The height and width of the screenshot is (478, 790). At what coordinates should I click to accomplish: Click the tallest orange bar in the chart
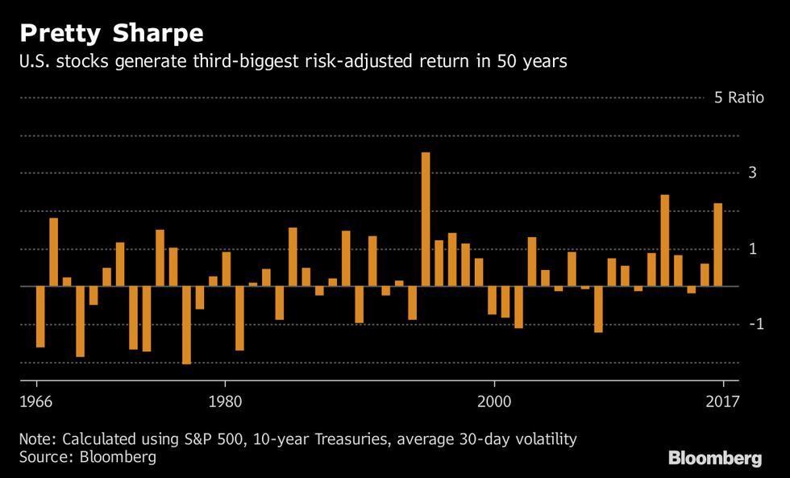click(426, 219)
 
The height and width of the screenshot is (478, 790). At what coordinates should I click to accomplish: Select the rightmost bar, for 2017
click(717, 245)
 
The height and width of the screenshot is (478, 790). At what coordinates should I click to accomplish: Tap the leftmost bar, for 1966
click(40, 317)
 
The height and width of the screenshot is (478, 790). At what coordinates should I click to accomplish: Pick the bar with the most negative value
click(186, 325)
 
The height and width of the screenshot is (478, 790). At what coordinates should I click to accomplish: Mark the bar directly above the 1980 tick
click(227, 269)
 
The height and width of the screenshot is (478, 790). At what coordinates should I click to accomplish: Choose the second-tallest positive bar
click(665, 240)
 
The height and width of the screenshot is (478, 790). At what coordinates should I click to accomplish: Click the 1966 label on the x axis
click(36, 401)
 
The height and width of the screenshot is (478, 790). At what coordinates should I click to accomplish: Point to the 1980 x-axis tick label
click(223, 401)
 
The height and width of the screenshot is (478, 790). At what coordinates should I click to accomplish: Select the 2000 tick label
click(493, 401)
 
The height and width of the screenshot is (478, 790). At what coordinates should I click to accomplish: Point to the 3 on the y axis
click(751, 172)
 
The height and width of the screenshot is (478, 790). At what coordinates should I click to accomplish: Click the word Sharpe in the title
click(158, 34)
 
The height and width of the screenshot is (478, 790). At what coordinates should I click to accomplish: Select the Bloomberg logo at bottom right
click(714, 458)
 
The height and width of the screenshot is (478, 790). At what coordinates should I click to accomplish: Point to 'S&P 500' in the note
click(212, 439)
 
